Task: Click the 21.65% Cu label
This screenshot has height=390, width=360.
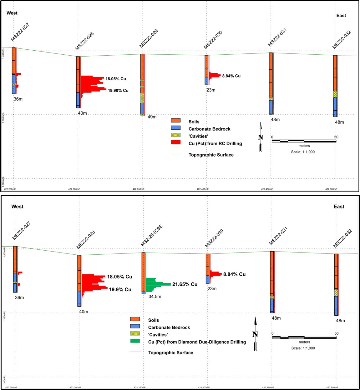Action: pos(185,284)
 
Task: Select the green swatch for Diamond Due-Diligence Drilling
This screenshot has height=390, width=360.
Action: pos(135,341)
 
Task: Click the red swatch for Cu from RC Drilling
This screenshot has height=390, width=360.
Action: pos(175,142)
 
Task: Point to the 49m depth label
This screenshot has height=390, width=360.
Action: pos(152,117)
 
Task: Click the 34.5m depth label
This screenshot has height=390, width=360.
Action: pos(155,297)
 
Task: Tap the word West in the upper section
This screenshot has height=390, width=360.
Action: pos(12,13)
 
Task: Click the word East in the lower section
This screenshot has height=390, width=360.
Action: pos(339,207)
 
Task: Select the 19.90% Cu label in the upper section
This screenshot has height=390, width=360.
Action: pos(118,91)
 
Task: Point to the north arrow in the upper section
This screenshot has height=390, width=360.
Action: pos(261,137)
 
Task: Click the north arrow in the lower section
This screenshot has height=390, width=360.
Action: pos(255,334)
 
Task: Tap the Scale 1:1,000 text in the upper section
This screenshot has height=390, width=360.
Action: pos(303,152)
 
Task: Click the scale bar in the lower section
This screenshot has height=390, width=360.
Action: pos(304,337)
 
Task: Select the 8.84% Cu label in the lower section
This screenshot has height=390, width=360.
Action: pos(234,274)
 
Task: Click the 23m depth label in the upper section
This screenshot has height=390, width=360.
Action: pos(211,90)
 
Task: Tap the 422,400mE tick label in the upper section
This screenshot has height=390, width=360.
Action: pos(203,189)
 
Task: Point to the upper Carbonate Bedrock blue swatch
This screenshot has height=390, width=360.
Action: pos(175,128)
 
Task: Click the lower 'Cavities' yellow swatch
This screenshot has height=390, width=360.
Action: pos(135,333)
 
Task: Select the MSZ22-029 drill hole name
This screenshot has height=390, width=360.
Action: pos(149,39)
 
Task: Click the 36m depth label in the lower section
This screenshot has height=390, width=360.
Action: pos(19,297)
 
